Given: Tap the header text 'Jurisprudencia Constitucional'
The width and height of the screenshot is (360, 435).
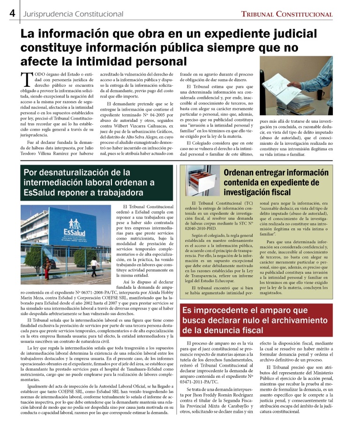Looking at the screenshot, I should pos(73,14).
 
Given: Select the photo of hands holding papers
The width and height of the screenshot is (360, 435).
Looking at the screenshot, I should pos(296,92).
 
